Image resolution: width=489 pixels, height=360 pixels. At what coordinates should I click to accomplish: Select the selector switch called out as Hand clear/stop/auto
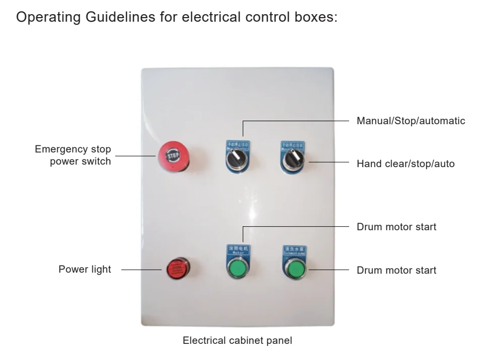pos(292,161)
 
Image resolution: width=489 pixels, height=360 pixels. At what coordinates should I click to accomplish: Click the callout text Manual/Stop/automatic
pos(410,121)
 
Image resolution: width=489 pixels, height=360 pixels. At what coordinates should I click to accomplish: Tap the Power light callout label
pos(85,269)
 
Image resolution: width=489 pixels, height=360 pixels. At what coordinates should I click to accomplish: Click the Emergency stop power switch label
pos(74,156)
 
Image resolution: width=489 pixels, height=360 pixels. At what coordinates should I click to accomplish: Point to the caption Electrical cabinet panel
pos(237,341)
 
